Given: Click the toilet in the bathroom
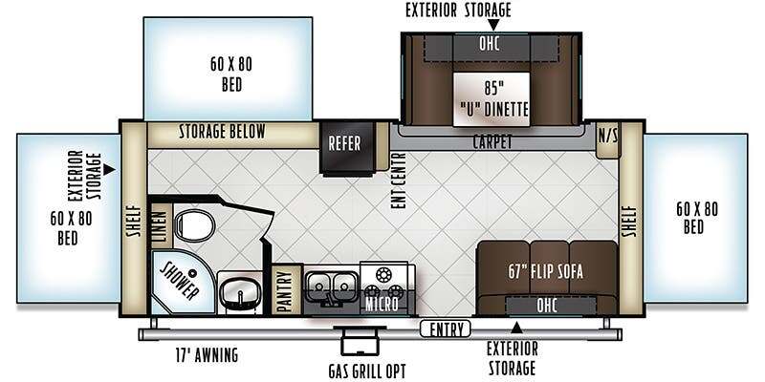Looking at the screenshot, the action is click(x=194, y=226).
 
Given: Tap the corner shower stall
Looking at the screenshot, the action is click(x=183, y=282).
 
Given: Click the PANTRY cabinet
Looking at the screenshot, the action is click(x=286, y=290).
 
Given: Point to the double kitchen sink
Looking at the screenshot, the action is click(x=333, y=285).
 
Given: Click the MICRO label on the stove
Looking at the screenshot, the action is click(x=382, y=305).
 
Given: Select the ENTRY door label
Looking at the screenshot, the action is click(x=445, y=329).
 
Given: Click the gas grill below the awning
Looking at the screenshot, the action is click(x=361, y=343).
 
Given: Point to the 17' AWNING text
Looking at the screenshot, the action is click(x=207, y=354).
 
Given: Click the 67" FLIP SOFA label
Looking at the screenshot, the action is click(x=544, y=271).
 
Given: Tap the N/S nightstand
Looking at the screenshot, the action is click(x=608, y=139).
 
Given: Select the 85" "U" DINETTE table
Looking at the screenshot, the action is click(x=492, y=99).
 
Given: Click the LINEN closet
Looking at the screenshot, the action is click(x=160, y=224).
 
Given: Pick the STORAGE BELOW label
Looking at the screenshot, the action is click(x=222, y=131).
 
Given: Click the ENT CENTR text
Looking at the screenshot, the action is click(x=398, y=181).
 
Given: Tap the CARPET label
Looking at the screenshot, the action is click(x=492, y=142).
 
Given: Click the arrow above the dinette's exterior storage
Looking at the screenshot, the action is click(x=493, y=25).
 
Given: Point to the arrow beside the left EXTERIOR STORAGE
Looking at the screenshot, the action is click(x=110, y=170).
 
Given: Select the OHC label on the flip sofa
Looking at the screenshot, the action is click(x=546, y=306).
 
